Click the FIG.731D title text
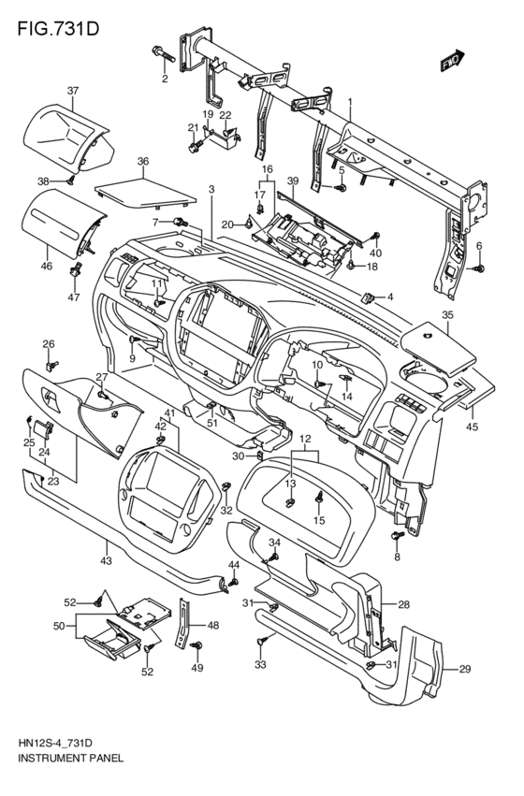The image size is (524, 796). click(x=58, y=29)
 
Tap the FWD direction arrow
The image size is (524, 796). click(x=452, y=59)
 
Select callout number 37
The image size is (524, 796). click(x=73, y=91)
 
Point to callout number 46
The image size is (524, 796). click(x=46, y=266)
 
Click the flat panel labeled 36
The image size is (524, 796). click(x=145, y=194)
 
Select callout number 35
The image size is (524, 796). click(x=447, y=314)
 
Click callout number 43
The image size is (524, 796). click(x=106, y=561)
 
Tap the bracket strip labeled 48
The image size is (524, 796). click(x=184, y=623)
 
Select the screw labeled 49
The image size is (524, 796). click(x=196, y=645)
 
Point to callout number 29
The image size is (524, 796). click(x=465, y=669)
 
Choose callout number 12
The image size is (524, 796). click(x=305, y=438)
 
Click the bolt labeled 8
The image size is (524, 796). click(x=397, y=536)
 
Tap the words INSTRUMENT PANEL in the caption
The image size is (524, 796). click(x=70, y=759)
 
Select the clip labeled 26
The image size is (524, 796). click(x=51, y=365)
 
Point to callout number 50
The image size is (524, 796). click(x=59, y=626)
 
